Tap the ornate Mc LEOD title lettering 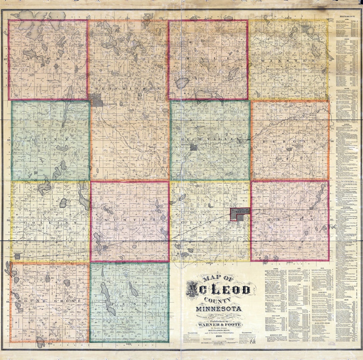tap(218, 289)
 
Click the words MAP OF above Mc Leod tap(217, 278)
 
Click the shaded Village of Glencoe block tap(239, 214)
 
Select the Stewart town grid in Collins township tap(17, 256)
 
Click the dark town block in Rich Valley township tap(194, 147)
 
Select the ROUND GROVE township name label tap(50, 300)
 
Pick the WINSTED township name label tap(288, 61)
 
